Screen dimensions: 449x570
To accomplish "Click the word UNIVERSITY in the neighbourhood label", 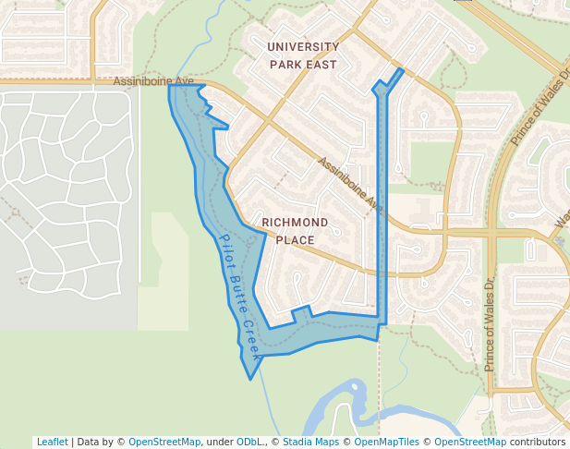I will [x=303, y=46].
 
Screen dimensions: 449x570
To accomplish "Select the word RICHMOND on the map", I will [x=295, y=223].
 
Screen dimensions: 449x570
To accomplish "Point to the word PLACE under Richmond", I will [x=295, y=240].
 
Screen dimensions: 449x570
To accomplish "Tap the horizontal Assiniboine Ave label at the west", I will [x=153, y=81].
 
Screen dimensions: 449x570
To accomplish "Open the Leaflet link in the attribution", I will [x=52, y=442].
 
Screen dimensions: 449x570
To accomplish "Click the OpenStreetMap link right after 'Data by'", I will [x=164, y=442].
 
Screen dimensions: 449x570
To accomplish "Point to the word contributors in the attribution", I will [x=538, y=442].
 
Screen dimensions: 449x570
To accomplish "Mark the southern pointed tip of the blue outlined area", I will [x=250, y=378].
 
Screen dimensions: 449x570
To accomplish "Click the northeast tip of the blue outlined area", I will [x=401, y=69].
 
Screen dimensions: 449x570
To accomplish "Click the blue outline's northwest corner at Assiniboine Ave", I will [x=170, y=87].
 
